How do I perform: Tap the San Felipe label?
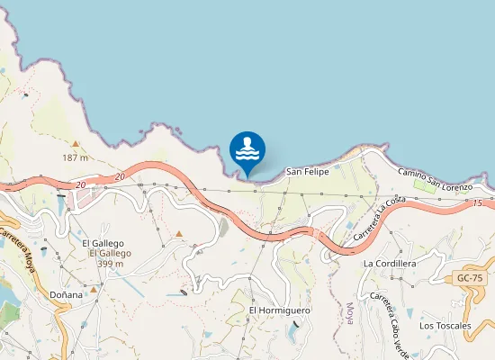[x=307, y=171]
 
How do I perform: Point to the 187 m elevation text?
[x=75, y=157]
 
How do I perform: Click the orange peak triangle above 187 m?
[x=76, y=144]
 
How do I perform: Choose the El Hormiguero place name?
[x=279, y=310]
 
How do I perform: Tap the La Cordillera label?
[x=389, y=264]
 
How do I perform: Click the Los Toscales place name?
[x=445, y=325]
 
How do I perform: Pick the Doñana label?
[x=66, y=294]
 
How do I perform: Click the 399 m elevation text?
[x=110, y=264]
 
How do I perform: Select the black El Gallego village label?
[x=102, y=243]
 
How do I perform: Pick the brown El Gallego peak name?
[x=110, y=254]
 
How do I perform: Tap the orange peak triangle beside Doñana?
[x=92, y=290]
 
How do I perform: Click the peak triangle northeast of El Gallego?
[x=179, y=235]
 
